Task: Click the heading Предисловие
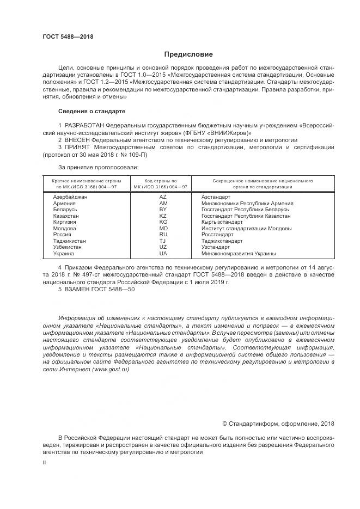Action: [x=189, y=54]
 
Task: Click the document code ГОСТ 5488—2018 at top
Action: [x=68, y=36]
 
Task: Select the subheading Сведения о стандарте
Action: [x=91, y=111]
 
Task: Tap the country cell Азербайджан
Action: [x=70, y=197]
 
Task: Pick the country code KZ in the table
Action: [x=162, y=216]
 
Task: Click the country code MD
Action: [x=162, y=229]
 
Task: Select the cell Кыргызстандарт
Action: [x=222, y=222]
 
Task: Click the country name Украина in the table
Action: [x=64, y=253]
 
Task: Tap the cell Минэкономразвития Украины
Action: [x=238, y=253]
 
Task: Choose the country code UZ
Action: [x=162, y=247]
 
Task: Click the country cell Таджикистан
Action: [x=70, y=241]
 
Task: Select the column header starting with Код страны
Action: [x=160, y=183]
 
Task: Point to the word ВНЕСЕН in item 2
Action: [x=79, y=140]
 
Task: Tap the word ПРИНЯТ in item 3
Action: [x=79, y=147]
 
